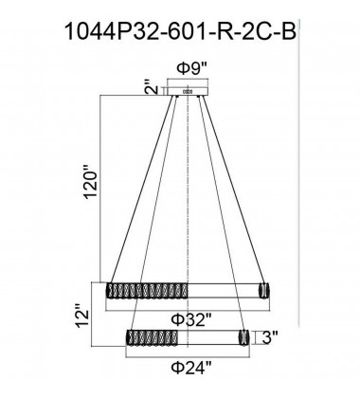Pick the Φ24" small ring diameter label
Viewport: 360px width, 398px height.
pyautogui.click(x=190, y=365)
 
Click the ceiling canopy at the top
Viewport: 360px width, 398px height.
pyautogui.click(x=190, y=91)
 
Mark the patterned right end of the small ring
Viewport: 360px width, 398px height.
pyautogui.click(x=243, y=336)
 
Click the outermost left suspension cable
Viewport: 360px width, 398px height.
pyautogui.click(x=142, y=190)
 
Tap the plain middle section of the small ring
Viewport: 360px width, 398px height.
pyautogui.click(x=204, y=336)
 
